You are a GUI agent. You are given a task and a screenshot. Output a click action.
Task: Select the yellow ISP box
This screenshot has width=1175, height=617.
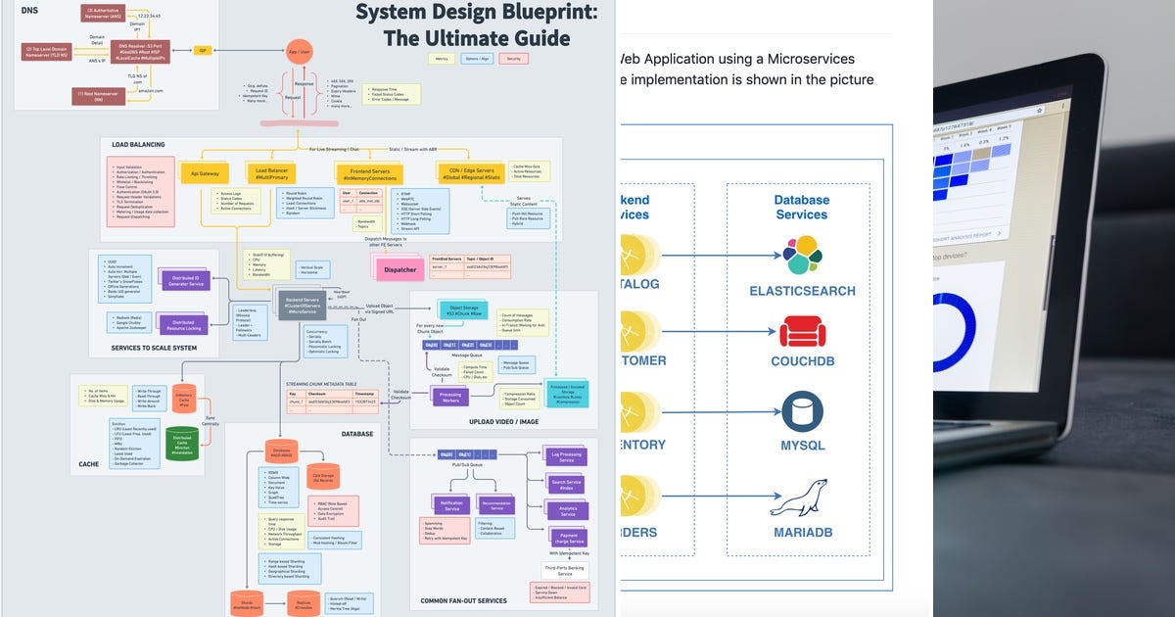[203, 49]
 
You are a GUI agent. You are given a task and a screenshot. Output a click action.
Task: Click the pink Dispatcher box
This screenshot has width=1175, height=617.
[399, 269]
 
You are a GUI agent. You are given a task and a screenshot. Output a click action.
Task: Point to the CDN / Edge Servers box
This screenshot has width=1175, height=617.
[470, 173]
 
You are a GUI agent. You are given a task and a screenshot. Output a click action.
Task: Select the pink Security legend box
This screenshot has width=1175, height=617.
[512, 59]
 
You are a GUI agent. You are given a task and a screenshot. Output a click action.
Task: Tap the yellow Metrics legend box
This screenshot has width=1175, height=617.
[444, 59]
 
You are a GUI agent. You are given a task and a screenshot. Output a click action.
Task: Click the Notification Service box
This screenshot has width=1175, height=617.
[451, 505]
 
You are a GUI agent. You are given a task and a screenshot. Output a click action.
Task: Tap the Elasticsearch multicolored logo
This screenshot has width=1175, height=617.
[802, 256]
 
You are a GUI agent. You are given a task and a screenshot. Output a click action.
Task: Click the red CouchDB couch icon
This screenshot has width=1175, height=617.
[802, 331]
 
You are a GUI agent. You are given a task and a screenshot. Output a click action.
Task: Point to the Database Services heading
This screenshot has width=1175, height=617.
[802, 207]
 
